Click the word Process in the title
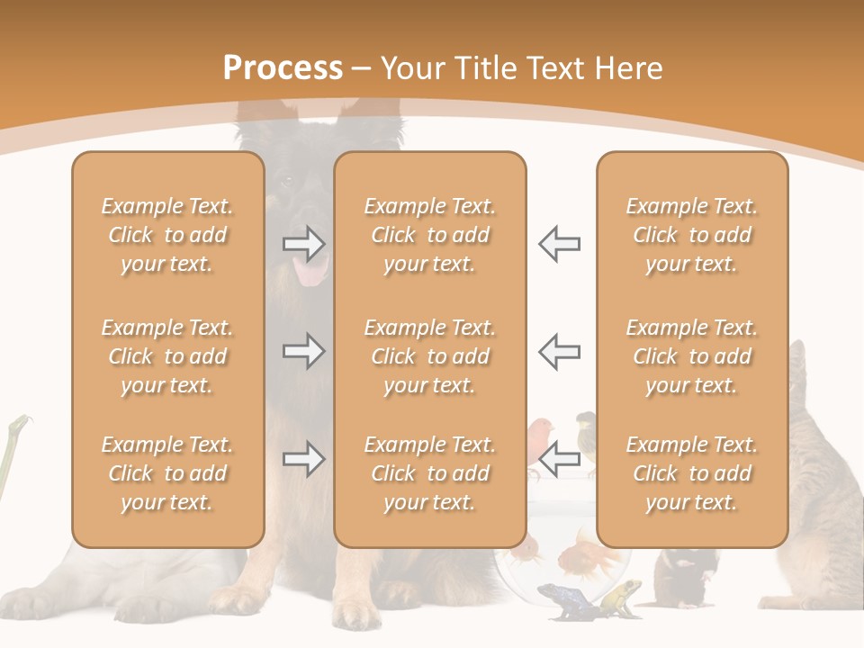(283, 68)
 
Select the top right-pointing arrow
(303, 244)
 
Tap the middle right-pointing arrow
(303, 351)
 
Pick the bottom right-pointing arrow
(303, 459)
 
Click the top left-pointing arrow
(560, 244)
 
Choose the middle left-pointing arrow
(560, 351)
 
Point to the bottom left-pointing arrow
(560, 459)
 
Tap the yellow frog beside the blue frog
(621, 596)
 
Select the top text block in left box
(167, 235)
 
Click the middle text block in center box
(429, 356)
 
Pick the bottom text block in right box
(691, 473)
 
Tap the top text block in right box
(691, 235)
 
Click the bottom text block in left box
(167, 473)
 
